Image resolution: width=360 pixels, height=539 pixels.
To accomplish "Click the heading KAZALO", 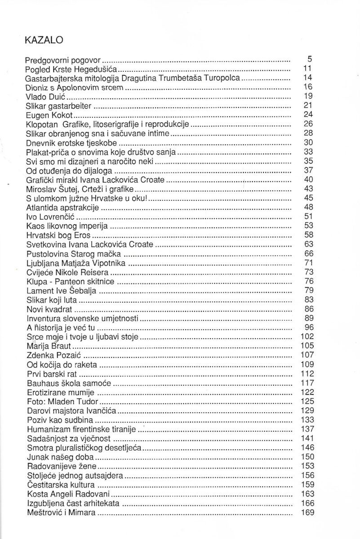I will click(44, 40).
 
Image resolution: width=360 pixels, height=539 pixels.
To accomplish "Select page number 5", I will click(309, 58).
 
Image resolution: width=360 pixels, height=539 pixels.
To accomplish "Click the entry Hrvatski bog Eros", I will click(59, 235).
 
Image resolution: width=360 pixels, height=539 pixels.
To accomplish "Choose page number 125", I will click(306, 401).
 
